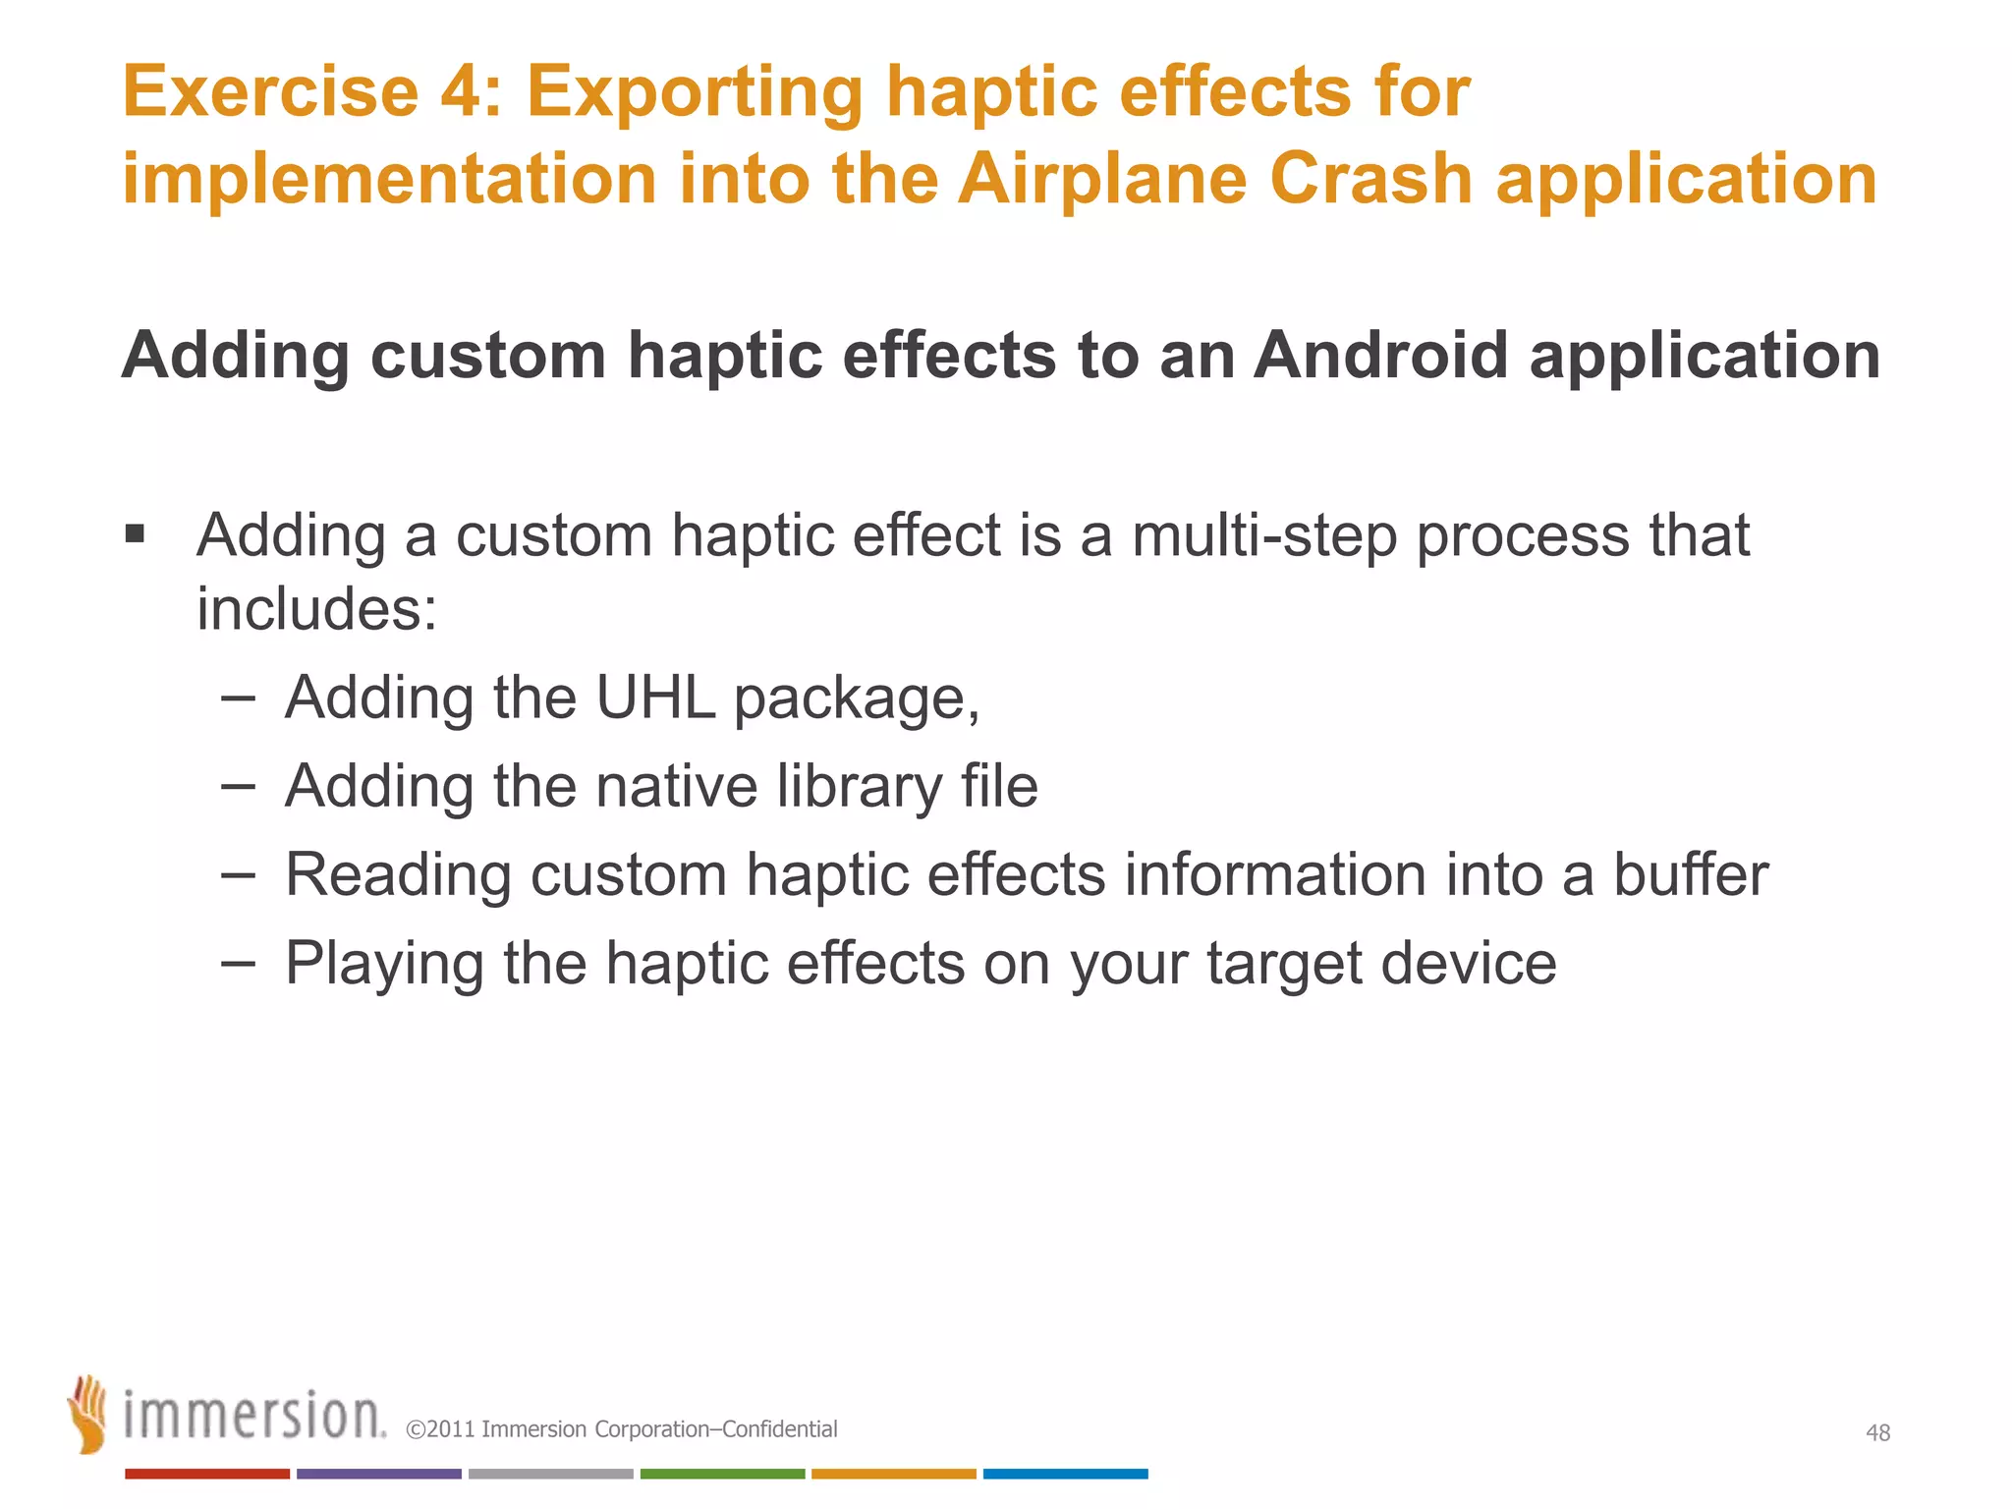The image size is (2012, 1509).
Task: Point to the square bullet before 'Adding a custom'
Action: tap(135, 534)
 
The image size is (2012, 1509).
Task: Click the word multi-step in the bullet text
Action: tap(1263, 536)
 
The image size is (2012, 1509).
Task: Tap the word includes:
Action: tap(316, 609)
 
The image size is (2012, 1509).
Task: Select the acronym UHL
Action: tap(655, 698)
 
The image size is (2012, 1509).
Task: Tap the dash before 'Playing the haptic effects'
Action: tap(238, 962)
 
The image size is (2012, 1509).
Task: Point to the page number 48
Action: tap(1877, 1432)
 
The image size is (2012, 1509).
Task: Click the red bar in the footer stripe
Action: tap(206, 1474)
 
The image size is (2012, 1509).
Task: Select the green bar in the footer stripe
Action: tap(722, 1474)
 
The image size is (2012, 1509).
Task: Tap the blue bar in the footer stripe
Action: tap(1065, 1474)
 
